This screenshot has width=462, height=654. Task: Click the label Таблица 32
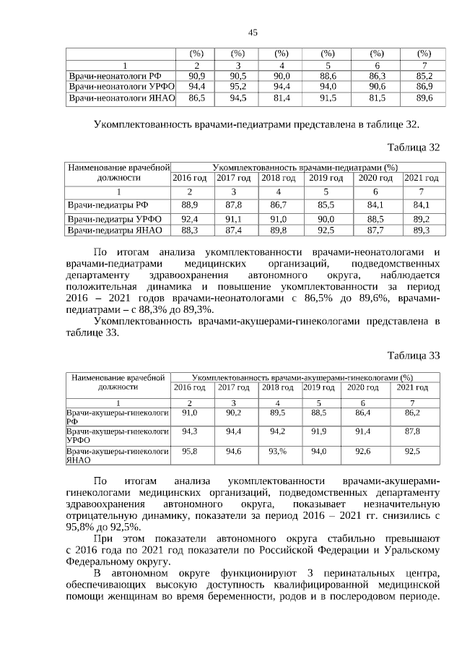coord(413,147)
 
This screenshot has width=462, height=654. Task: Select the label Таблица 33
coord(413,355)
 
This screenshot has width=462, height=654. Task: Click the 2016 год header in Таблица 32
coord(190,178)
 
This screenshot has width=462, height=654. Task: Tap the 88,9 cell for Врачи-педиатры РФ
coord(190,205)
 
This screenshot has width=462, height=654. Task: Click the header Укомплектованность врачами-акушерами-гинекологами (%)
coord(303,377)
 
